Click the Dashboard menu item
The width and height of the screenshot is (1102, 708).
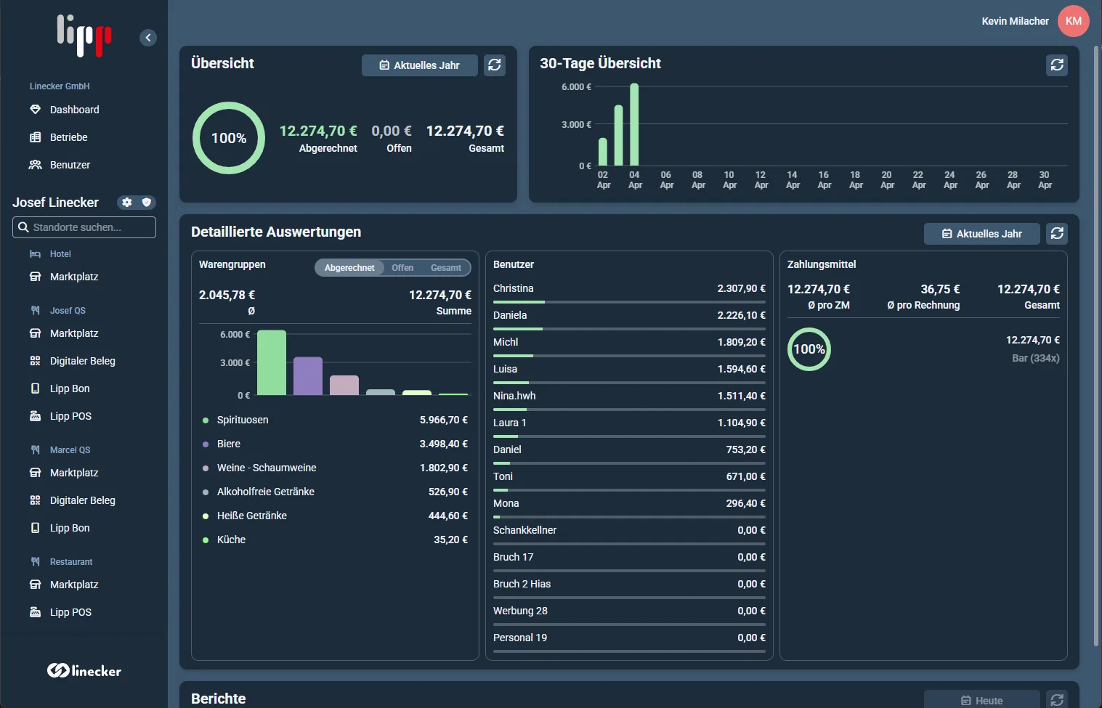[x=65, y=110]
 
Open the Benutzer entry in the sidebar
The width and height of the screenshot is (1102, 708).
[x=60, y=165]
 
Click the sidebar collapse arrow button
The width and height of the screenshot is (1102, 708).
[x=148, y=37]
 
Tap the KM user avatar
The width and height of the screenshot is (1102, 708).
[x=1073, y=21]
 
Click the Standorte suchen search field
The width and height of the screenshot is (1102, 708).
[x=84, y=227]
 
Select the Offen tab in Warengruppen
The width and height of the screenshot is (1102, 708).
[x=402, y=267]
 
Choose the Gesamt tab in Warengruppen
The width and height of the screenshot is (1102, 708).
[x=446, y=267]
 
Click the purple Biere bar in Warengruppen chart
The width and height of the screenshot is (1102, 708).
[x=308, y=376]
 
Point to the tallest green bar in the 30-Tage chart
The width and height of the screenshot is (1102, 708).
[x=634, y=124]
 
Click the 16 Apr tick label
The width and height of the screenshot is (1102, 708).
[x=824, y=180]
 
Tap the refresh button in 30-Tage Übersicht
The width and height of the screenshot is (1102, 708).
[x=1057, y=65]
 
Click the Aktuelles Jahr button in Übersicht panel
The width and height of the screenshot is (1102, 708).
[x=420, y=65]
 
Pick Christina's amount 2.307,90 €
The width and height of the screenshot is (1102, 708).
[x=741, y=288]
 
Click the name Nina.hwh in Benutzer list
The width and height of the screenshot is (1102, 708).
[x=514, y=396]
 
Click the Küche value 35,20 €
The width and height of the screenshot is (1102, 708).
[x=450, y=540]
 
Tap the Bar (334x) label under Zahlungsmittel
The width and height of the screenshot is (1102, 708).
[x=1036, y=359]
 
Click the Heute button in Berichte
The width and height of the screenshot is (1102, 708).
[x=982, y=700]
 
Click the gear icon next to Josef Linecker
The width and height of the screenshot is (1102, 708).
[x=127, y=203]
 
